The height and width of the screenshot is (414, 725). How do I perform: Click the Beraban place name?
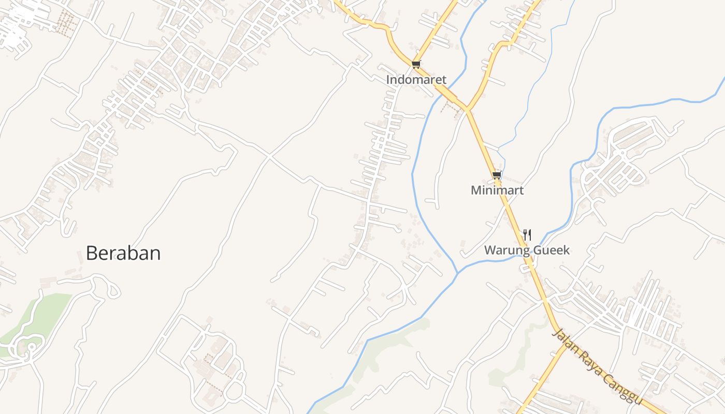[123, 253]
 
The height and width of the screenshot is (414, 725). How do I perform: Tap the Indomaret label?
[416, 80]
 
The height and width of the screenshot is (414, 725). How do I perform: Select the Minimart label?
[497, 190]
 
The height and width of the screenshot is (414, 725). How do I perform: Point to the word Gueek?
[550, 250]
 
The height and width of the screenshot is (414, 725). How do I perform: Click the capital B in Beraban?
[92, 253]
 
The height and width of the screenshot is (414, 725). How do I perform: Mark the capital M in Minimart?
[476, 190]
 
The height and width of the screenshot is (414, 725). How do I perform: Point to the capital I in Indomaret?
[388, 80]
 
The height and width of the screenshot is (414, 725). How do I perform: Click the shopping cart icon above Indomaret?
[416, 64]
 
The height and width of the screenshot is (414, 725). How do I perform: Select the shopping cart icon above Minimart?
[497, 175]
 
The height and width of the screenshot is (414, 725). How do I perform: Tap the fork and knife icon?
[527, 234]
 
